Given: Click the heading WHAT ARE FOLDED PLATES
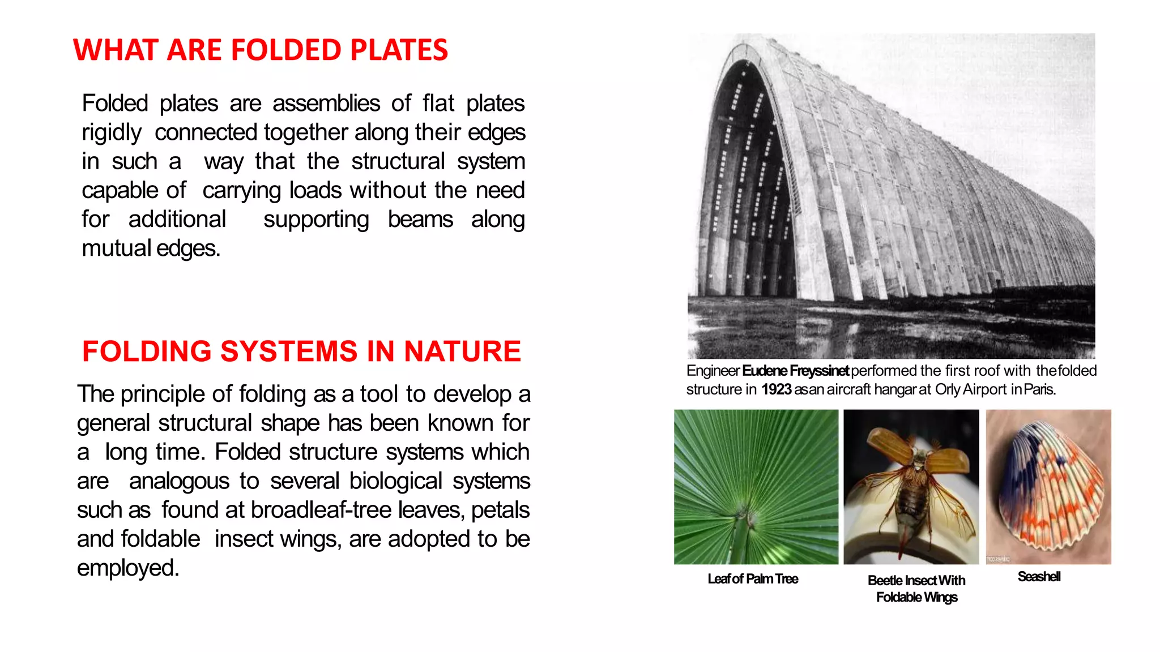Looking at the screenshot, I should (x=261, y=50).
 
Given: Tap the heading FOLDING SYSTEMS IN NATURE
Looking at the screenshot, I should (x=301, y=351).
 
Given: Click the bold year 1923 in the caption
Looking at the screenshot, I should (x=776, y=389).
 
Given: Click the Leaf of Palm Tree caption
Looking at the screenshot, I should (x=753, y=579).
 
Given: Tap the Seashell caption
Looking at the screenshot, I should (x=1039, y=577).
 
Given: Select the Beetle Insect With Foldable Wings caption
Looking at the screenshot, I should (x=916, y=589).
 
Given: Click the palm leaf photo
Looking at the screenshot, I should (x=756, y=487).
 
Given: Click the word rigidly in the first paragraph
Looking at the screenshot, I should (x=112, y=132).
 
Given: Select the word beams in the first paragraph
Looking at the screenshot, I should (x=420, y=220).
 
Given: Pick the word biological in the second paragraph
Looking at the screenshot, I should (x=395, y=481).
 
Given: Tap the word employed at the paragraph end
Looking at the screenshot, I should (x=127, y=568).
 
